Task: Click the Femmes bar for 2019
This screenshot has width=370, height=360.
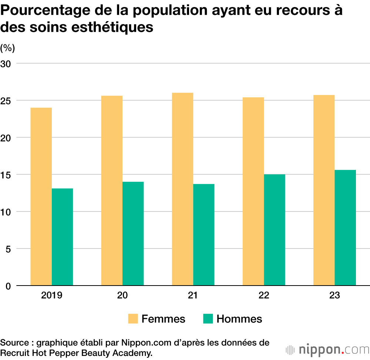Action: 41,196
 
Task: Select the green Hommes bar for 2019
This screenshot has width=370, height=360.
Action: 62,237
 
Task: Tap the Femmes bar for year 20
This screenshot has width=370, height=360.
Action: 112,190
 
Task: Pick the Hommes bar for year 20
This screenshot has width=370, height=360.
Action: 133,233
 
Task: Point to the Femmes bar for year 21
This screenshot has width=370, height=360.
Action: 182,189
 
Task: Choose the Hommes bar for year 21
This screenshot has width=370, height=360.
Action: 203,235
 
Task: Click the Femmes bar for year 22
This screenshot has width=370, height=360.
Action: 253,191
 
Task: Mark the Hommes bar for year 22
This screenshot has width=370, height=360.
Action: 274,230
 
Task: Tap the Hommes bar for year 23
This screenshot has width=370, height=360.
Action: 345,228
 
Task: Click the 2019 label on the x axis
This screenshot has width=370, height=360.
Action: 52,296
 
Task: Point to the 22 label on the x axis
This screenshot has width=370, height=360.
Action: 264,296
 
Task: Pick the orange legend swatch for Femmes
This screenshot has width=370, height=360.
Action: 133,319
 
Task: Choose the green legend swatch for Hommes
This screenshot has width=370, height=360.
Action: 208,319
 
